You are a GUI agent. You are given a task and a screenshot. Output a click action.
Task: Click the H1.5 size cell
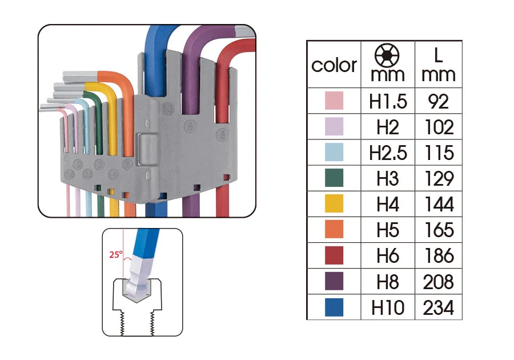click(x=388, y=101)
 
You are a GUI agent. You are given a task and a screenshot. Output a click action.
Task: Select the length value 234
click(x=439, y=308)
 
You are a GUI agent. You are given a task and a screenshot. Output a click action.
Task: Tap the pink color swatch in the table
click(x=334, y=101)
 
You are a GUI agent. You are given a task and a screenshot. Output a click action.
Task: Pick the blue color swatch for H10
click(x=334, y=307)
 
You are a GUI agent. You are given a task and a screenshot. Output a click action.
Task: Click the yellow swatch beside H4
click(x=334, y=203)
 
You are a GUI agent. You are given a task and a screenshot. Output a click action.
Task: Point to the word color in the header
click(x=334, y=65)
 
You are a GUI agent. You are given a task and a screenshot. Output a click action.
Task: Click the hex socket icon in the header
click(x=387, y=55)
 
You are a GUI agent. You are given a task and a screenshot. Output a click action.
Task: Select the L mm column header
click(x=439, y=65)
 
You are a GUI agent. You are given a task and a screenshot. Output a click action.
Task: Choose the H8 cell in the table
click(x=388, y=282)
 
